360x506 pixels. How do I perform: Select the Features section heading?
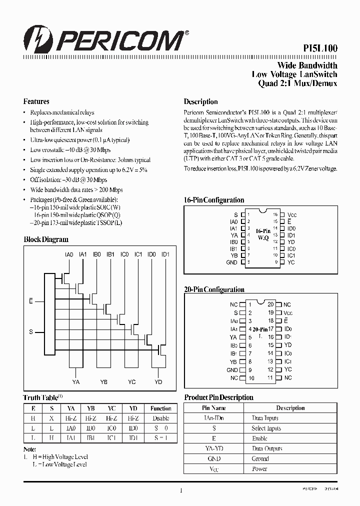point(36,101)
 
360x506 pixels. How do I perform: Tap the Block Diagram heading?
point(46,239)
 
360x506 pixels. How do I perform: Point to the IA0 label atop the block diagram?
point(69,254)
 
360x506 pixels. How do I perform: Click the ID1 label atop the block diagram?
point(165,254)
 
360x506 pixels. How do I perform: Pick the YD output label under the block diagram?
point(158,382)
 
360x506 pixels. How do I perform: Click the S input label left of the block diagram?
point(31,332)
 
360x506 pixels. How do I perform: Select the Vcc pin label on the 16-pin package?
point(292,214)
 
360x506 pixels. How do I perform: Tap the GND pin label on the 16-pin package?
point(232,262)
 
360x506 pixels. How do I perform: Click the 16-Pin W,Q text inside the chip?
point(263,234)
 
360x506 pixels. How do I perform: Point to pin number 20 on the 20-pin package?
point(270,304)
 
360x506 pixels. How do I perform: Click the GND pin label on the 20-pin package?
point(232,370)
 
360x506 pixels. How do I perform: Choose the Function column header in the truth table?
point(160,408)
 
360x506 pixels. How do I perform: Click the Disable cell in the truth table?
point(160,418)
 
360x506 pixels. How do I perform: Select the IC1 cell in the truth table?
point(111,438)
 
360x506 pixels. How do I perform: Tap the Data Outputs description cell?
point(267,448)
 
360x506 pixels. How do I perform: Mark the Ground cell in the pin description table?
point(260,458)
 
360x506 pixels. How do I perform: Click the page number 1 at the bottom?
point(180,491)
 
